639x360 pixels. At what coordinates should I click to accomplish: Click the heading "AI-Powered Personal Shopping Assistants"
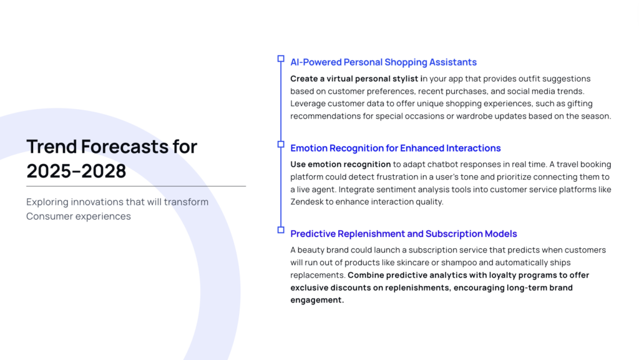pos(384,62)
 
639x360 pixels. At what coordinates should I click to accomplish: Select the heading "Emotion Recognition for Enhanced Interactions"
pos(395,148)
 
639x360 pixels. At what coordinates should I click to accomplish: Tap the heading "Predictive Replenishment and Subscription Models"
pos(404,234)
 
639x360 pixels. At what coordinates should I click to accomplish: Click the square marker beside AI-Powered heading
pos(281,59)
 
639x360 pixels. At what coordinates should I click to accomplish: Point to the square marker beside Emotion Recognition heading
pos(281,144)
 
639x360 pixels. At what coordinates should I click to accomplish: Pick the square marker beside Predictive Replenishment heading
pos(281,230)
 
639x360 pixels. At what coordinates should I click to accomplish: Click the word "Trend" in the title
pos(52,147)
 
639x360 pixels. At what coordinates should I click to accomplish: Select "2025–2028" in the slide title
pos(76,171)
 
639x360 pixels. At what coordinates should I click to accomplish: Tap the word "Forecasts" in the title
pos(125,147)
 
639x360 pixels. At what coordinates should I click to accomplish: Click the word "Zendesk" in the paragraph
pos(306,202)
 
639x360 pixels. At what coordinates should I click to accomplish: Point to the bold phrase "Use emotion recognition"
pos(341,165)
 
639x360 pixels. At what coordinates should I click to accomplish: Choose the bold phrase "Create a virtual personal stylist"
pos(354,79)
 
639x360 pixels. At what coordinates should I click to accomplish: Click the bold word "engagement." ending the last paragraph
pos(317,300)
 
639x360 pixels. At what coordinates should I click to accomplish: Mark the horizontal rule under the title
pos(136,186)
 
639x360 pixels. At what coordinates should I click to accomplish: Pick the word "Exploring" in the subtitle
pos(47,202)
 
